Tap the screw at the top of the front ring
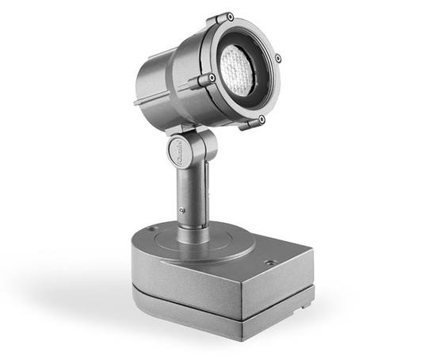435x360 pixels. (229, 17)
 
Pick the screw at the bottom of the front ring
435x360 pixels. (261, 119)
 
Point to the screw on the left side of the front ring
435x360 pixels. (212, 78)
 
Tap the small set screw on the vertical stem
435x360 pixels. (182, 210)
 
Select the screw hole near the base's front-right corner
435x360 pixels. (271, 262)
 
